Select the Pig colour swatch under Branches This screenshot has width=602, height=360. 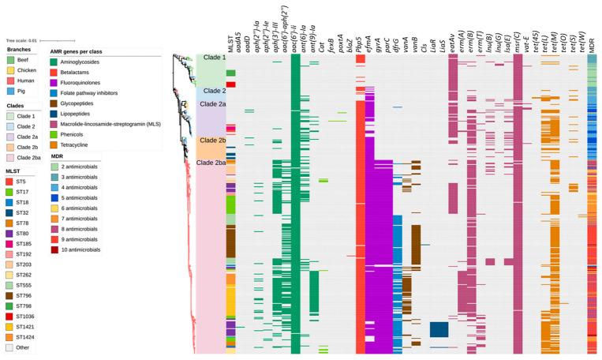point(11,91)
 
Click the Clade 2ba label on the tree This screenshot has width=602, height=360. point(211,163)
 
